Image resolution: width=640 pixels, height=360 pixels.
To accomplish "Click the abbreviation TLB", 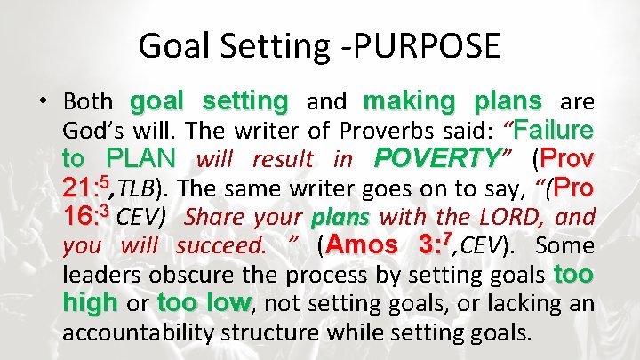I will (135, 188).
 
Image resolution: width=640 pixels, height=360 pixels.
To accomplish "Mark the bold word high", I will (90, 303).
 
